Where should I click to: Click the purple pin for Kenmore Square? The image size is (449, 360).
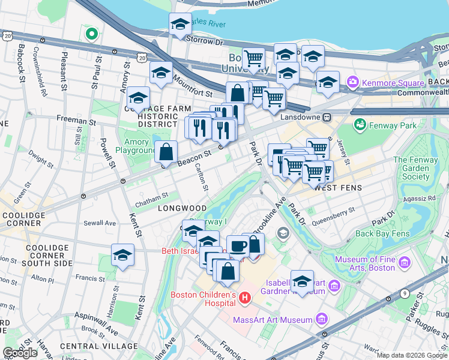(x=352, y=81)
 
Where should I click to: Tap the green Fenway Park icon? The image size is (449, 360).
(x=360, y=125)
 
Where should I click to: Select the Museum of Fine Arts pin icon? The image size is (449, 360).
(x=404, y=262)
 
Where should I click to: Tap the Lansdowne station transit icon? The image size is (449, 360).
(x=328, y=117)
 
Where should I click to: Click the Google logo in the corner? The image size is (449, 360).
(x=20, y=353)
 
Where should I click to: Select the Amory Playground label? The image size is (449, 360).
(x=139, y=146)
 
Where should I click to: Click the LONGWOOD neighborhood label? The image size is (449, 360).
(x=178, y=208)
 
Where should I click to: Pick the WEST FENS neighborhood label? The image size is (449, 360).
(x=339, y=188)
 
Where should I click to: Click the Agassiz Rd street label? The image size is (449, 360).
(x=420, y=197)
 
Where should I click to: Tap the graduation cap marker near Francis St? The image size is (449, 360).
(x=122, y=255)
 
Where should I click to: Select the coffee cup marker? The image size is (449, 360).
(x=238, y=246)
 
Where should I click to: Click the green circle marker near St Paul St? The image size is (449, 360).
(x=92, y=34)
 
